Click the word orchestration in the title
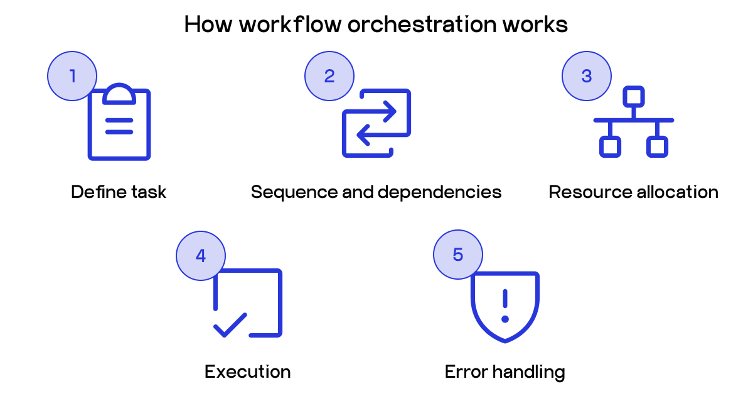(423, 25)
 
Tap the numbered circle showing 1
(72, 76)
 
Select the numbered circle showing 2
(329, 76)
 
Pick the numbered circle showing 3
(587, 76)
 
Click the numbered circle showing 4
(201, 255)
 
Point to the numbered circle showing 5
(458, 255)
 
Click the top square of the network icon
(634, 97)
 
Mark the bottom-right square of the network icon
(657, 146)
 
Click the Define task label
(119, 192)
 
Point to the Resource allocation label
(633, 192)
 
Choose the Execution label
(247, 371)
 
